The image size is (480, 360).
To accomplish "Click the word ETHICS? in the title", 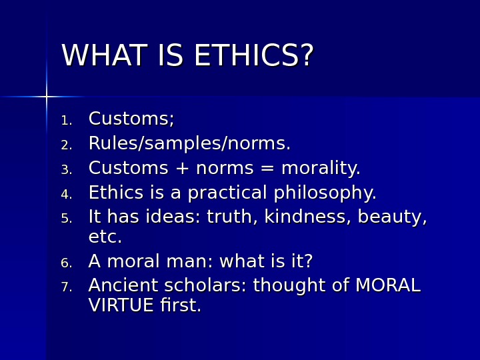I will [253, 57].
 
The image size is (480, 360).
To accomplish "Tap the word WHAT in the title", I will [103, 57].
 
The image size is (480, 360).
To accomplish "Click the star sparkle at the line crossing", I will [46, 97].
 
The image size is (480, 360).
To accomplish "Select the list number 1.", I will [66, 121].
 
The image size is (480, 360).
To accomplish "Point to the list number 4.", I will [66, 195].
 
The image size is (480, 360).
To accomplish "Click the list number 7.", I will [66, 287].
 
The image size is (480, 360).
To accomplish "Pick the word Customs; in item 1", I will [131, 119].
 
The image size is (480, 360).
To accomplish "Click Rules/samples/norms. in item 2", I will [189, 144].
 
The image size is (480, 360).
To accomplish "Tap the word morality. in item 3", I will [321, 169].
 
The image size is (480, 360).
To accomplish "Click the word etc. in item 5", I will [105, 237].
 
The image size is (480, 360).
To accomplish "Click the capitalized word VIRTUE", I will [121, 306].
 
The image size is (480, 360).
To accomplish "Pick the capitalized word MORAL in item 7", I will [387, 286].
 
